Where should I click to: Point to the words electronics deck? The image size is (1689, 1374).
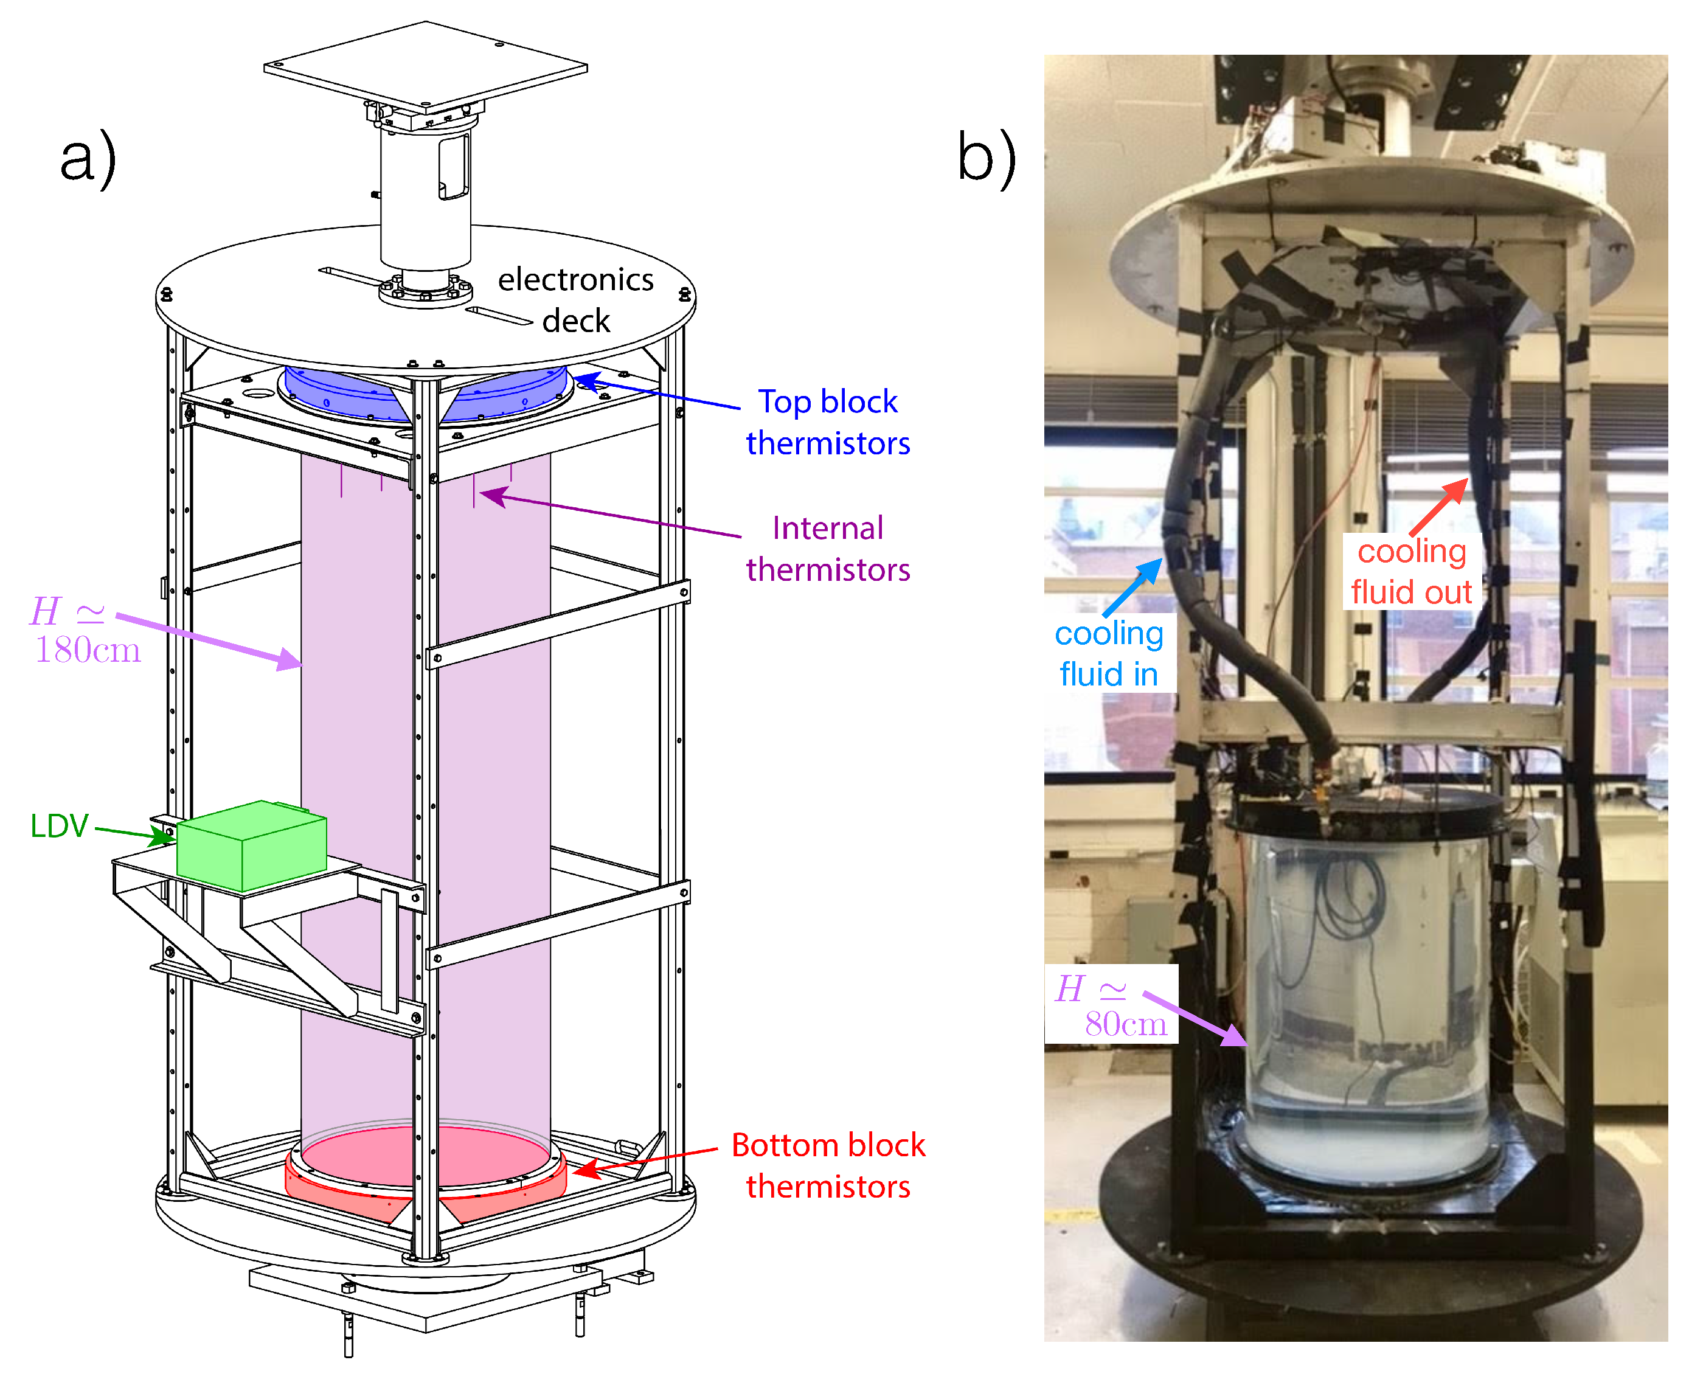(575, 300)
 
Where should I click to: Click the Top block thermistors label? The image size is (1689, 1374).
(827, 422)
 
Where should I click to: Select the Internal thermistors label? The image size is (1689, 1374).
(827, 549)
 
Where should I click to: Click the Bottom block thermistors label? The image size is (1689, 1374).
(827, 1165)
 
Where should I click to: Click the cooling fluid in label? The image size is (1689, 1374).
(1108, 653)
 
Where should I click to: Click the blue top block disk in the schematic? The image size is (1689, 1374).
(349, 394)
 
